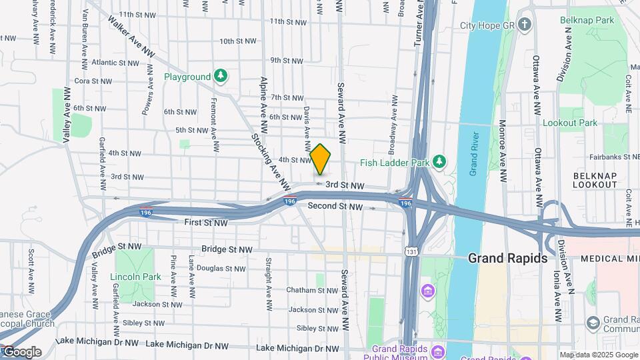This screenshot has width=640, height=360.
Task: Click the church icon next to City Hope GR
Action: coord(525,26)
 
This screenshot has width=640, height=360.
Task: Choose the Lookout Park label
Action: coord(570,123)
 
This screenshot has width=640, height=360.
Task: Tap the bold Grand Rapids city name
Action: coord(508,258)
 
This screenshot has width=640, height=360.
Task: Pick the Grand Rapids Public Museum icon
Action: coord(437,351)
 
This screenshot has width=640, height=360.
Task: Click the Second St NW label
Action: coord(335,207)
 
